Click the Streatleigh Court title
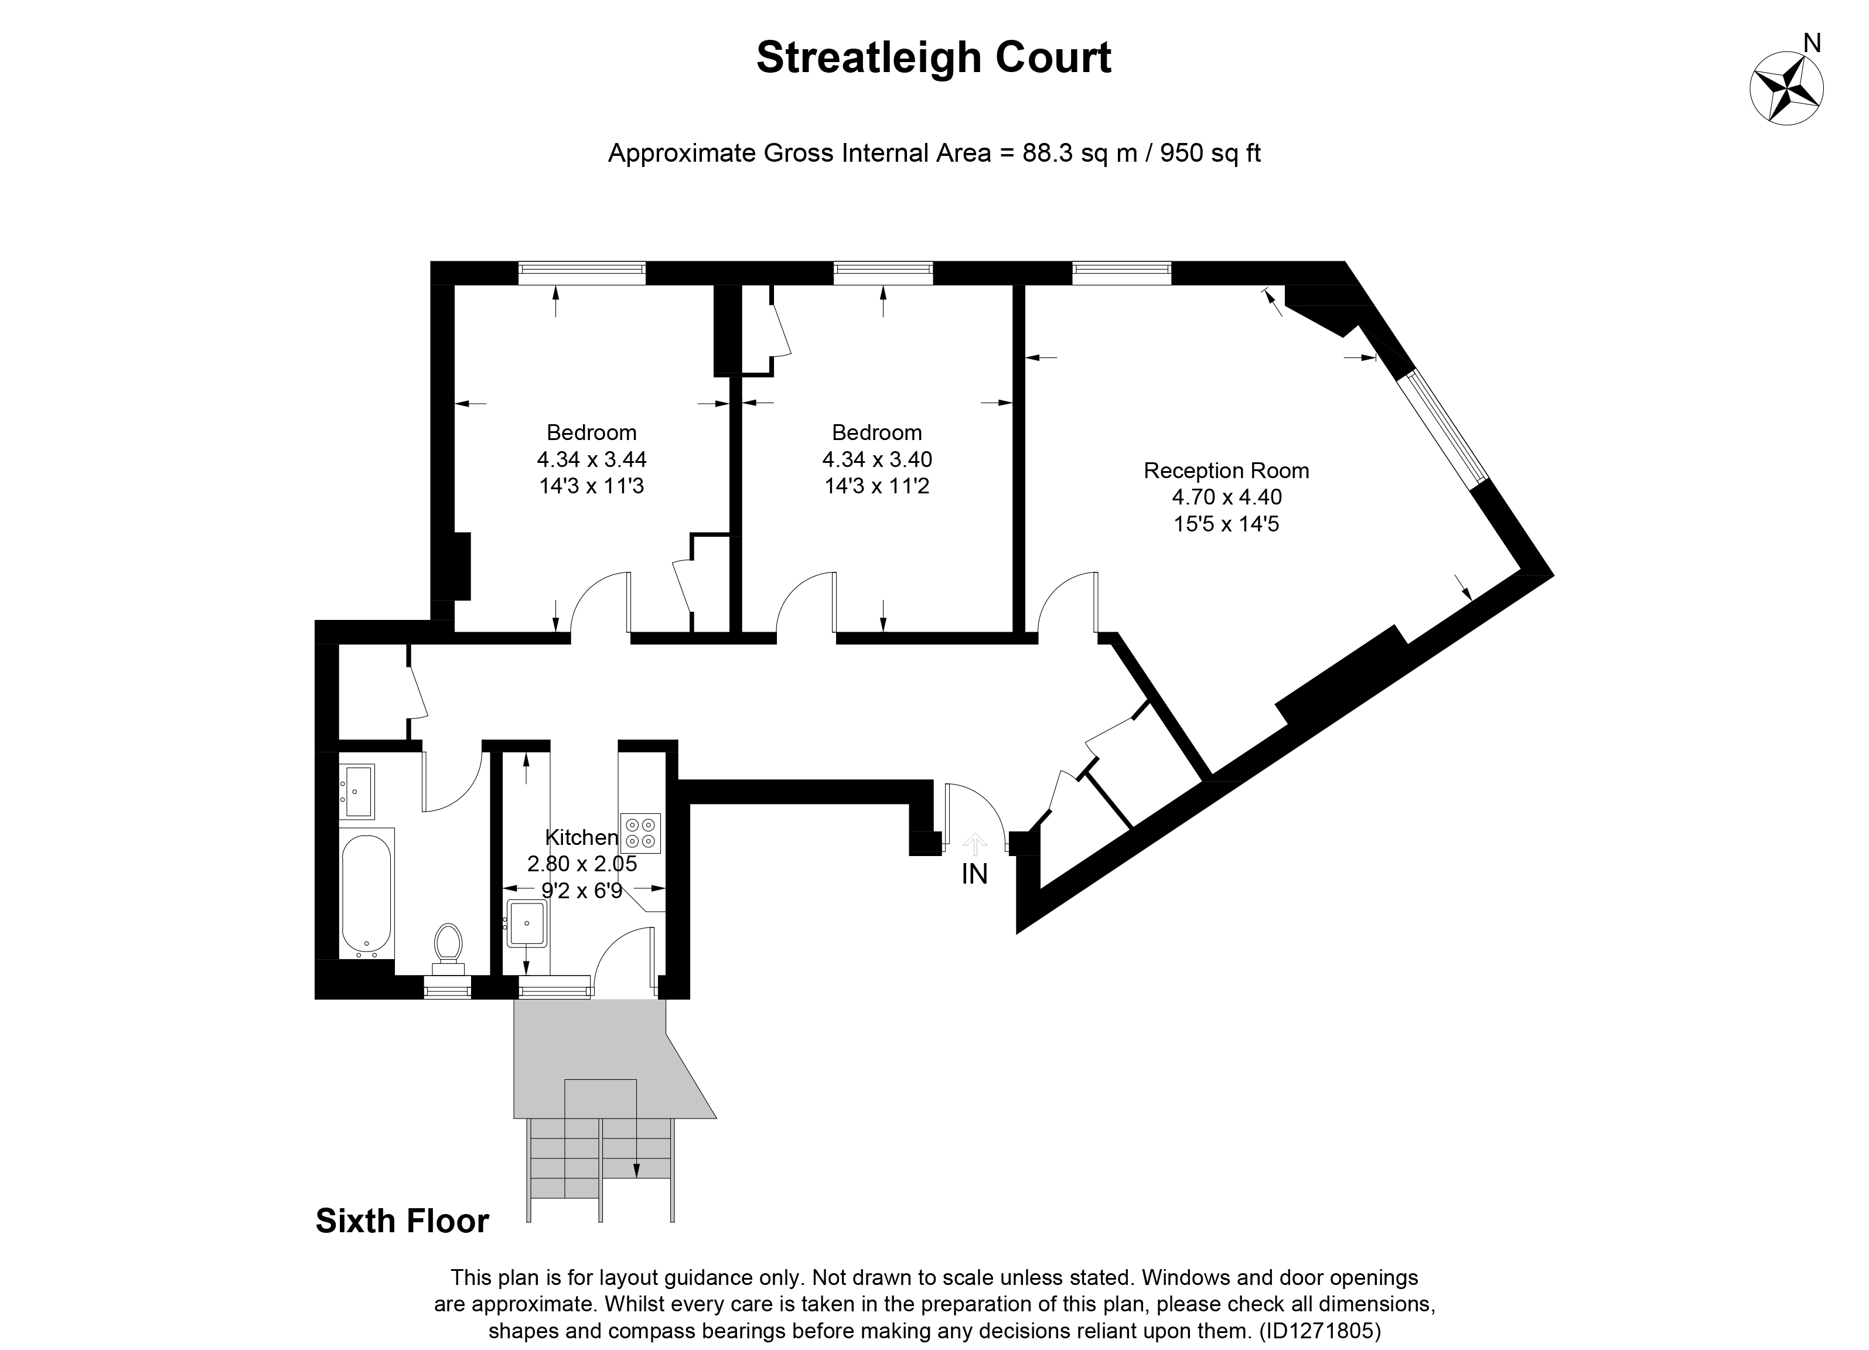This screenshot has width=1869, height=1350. [934, 57]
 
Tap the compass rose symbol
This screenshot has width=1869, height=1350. [1786, 89]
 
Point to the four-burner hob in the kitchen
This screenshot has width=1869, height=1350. [640, 833]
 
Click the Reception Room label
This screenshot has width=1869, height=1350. [1226, 471]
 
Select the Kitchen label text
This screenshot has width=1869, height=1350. [582, 837]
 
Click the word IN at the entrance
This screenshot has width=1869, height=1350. [974, 874]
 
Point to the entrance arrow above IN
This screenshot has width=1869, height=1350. [975, 843]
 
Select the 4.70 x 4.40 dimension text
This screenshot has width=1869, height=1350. [1226, 497]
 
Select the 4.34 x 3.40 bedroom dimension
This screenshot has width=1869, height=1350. [877, 459]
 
